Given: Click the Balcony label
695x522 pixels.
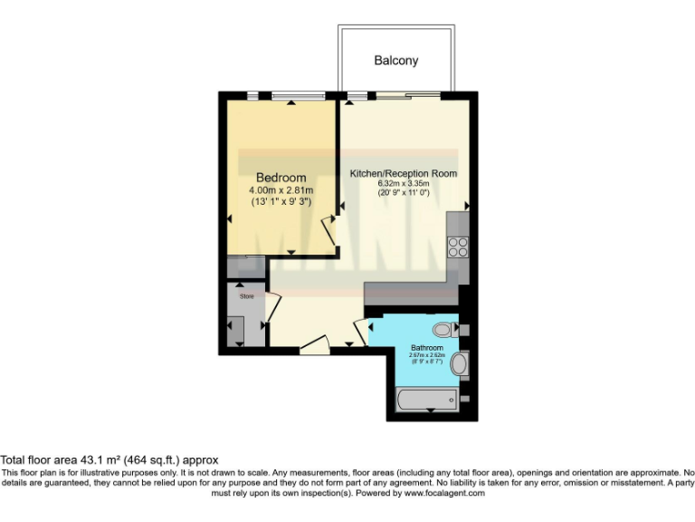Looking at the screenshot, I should (396, 61).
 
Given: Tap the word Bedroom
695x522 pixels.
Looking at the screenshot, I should (281, 178).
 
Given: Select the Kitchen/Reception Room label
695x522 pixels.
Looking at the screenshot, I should (404, 173).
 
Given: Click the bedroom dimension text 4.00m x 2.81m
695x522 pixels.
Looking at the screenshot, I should (281, 190).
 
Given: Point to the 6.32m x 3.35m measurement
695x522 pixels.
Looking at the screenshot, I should (404, 184).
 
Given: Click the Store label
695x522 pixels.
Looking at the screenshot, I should (246, 295).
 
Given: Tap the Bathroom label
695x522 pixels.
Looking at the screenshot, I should (427, 348).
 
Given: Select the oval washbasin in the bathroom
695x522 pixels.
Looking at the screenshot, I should (460, 365).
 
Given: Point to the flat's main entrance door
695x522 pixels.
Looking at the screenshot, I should (314, 344).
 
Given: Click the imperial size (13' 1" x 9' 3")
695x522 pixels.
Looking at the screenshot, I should (281, 202).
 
